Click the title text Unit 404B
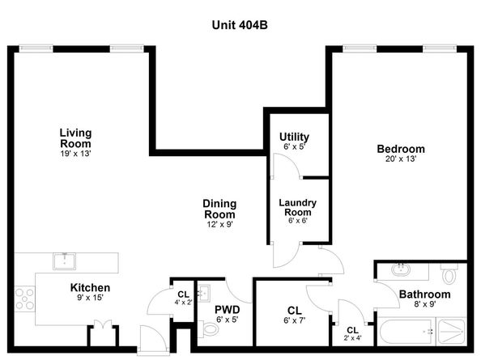240,25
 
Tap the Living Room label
75,138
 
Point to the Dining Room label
219,209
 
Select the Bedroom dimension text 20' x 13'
400,159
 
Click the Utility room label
294,137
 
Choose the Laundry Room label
297,207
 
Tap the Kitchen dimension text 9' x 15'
90,298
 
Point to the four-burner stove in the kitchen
25,299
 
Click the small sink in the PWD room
203,293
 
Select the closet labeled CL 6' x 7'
294,313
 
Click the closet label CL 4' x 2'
184,296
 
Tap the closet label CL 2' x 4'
352,332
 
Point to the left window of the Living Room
36,49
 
